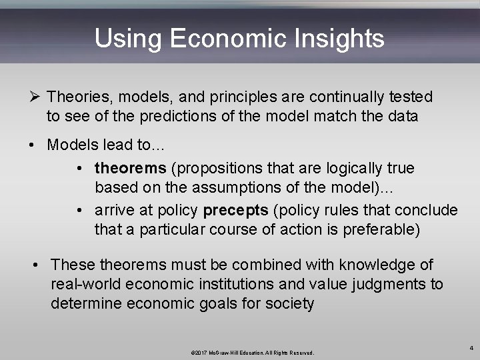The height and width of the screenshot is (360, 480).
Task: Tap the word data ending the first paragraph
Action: (x=399, y=117)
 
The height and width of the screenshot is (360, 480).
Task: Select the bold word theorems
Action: (x=130, y=168)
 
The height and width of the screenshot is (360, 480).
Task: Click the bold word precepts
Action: (x=235, y=211)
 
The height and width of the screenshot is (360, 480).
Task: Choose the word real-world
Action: (x=84, y=285)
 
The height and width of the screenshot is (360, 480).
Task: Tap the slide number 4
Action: (x=470, y=347)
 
